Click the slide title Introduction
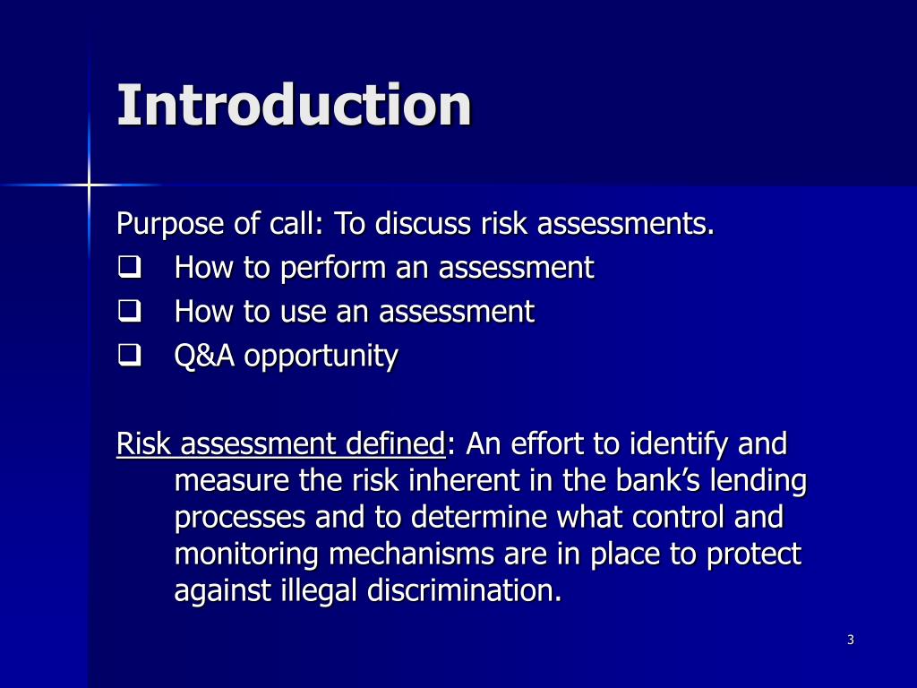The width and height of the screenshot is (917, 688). (x=294, y=105)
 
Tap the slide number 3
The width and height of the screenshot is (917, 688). (x=850, y=640)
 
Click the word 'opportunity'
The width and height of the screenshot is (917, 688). (x=321, y=357)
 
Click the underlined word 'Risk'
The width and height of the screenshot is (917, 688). (x=140, y=443)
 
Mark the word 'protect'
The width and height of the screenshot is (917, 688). (x=753, y=555)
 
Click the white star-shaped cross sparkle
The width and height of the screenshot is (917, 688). (x=89, y=185)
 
